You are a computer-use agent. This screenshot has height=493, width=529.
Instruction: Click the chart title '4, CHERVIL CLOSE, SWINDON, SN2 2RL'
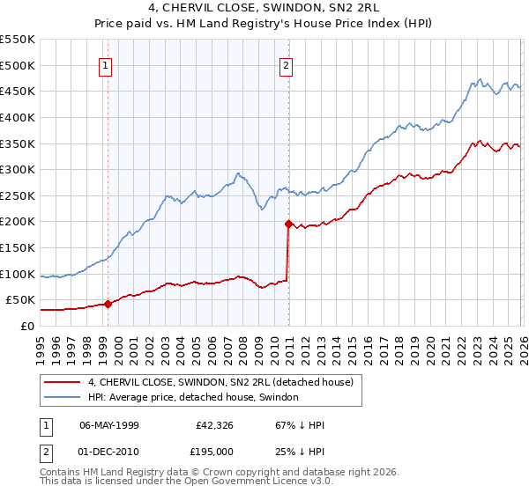[264, 7]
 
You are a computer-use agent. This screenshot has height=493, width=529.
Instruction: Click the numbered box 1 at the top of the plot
[106, 64]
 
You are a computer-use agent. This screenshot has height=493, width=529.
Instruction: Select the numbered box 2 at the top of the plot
[287, 64]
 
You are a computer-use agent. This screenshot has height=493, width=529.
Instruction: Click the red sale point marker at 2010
[288, 224]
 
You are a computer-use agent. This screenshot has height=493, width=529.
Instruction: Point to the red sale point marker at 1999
[108, 304]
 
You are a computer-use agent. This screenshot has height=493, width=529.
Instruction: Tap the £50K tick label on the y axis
[20, 299]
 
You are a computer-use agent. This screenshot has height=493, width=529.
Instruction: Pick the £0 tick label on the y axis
[26, 326]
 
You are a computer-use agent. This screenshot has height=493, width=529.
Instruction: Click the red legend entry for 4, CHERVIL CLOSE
[220, 381]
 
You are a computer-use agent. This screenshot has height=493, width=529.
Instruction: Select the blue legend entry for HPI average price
[193, 397]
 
